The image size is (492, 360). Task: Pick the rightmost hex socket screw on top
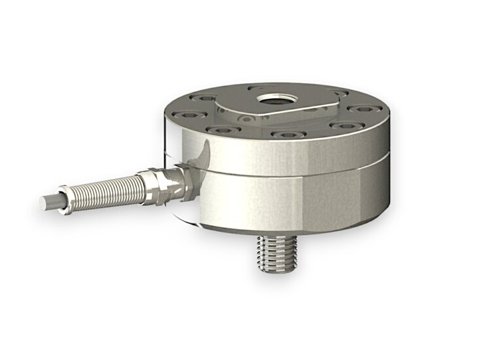point(361,109)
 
